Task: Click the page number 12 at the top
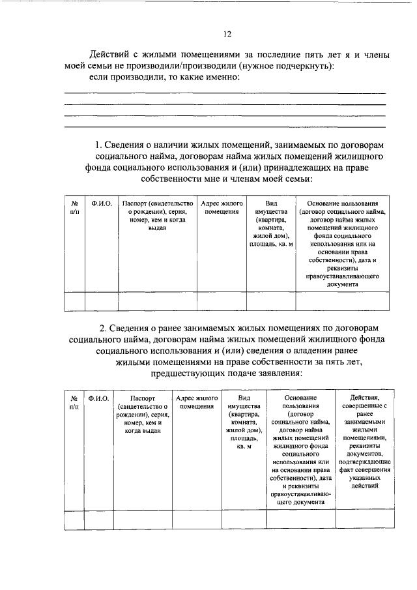pyautogui.click(x=227, y=34)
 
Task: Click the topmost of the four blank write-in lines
pyautogui.click(x=224, y=94)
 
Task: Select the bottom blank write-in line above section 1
pyautogui.click(x=224, y=126)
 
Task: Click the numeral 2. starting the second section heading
pyautogui.click(x=102, y=327)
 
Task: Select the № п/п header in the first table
pyautogui.click(x=74, y=208)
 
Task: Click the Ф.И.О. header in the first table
pyautogui.click(x=102, y=204)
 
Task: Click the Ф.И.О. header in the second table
pyautogui.click(x=98, y=397)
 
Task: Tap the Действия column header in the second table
pyautogui.click(x=364, y=397)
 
